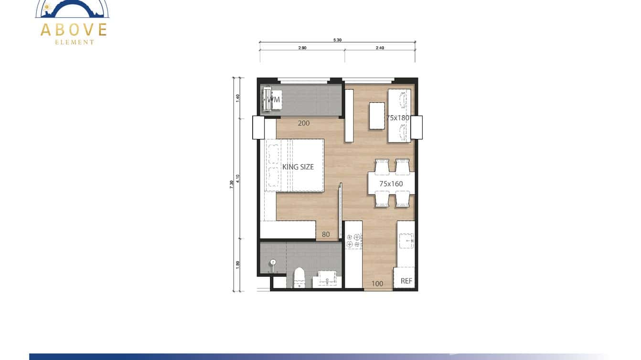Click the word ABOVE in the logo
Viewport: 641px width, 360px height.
pyautogui.click(x=74, y=30)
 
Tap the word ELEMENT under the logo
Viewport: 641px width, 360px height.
pyautogui.click(x=75, y=42)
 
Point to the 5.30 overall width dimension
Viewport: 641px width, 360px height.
pyautogui.click(x=337, y=40)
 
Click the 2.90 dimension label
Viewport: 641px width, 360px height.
pyautogui.click(x=302, y=48)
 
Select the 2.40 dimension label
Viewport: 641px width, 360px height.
pyautogui.click(x=380, y=48)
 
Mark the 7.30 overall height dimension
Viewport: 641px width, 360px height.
pyautogui.click(x=232, y=183)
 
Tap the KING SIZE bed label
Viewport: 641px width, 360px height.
pyautogui.click(x=298, y=167)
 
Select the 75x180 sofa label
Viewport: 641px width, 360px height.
pyautogui.click(x=398, y=117)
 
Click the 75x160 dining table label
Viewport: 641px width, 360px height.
pyautogui.click(x=391, y=183)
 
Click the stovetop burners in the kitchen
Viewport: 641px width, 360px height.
pyautogui.click(x=353, y=241)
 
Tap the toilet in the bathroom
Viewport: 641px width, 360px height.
pyautogui.click(x=299, y=277)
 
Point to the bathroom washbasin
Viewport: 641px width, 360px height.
pyautogui.click(x=327, y=278)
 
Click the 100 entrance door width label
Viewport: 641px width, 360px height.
pyautogui.click(x=377, y=284)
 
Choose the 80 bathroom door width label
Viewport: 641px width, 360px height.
pyautogui.click(x=326, y=234)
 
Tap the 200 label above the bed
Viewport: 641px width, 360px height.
pyautogui.click(x=303, y=123)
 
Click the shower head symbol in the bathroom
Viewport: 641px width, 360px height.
pyautogui.click(x=273, y=262)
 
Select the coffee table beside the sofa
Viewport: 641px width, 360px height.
pyautogui.click(x=377, y=116)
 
